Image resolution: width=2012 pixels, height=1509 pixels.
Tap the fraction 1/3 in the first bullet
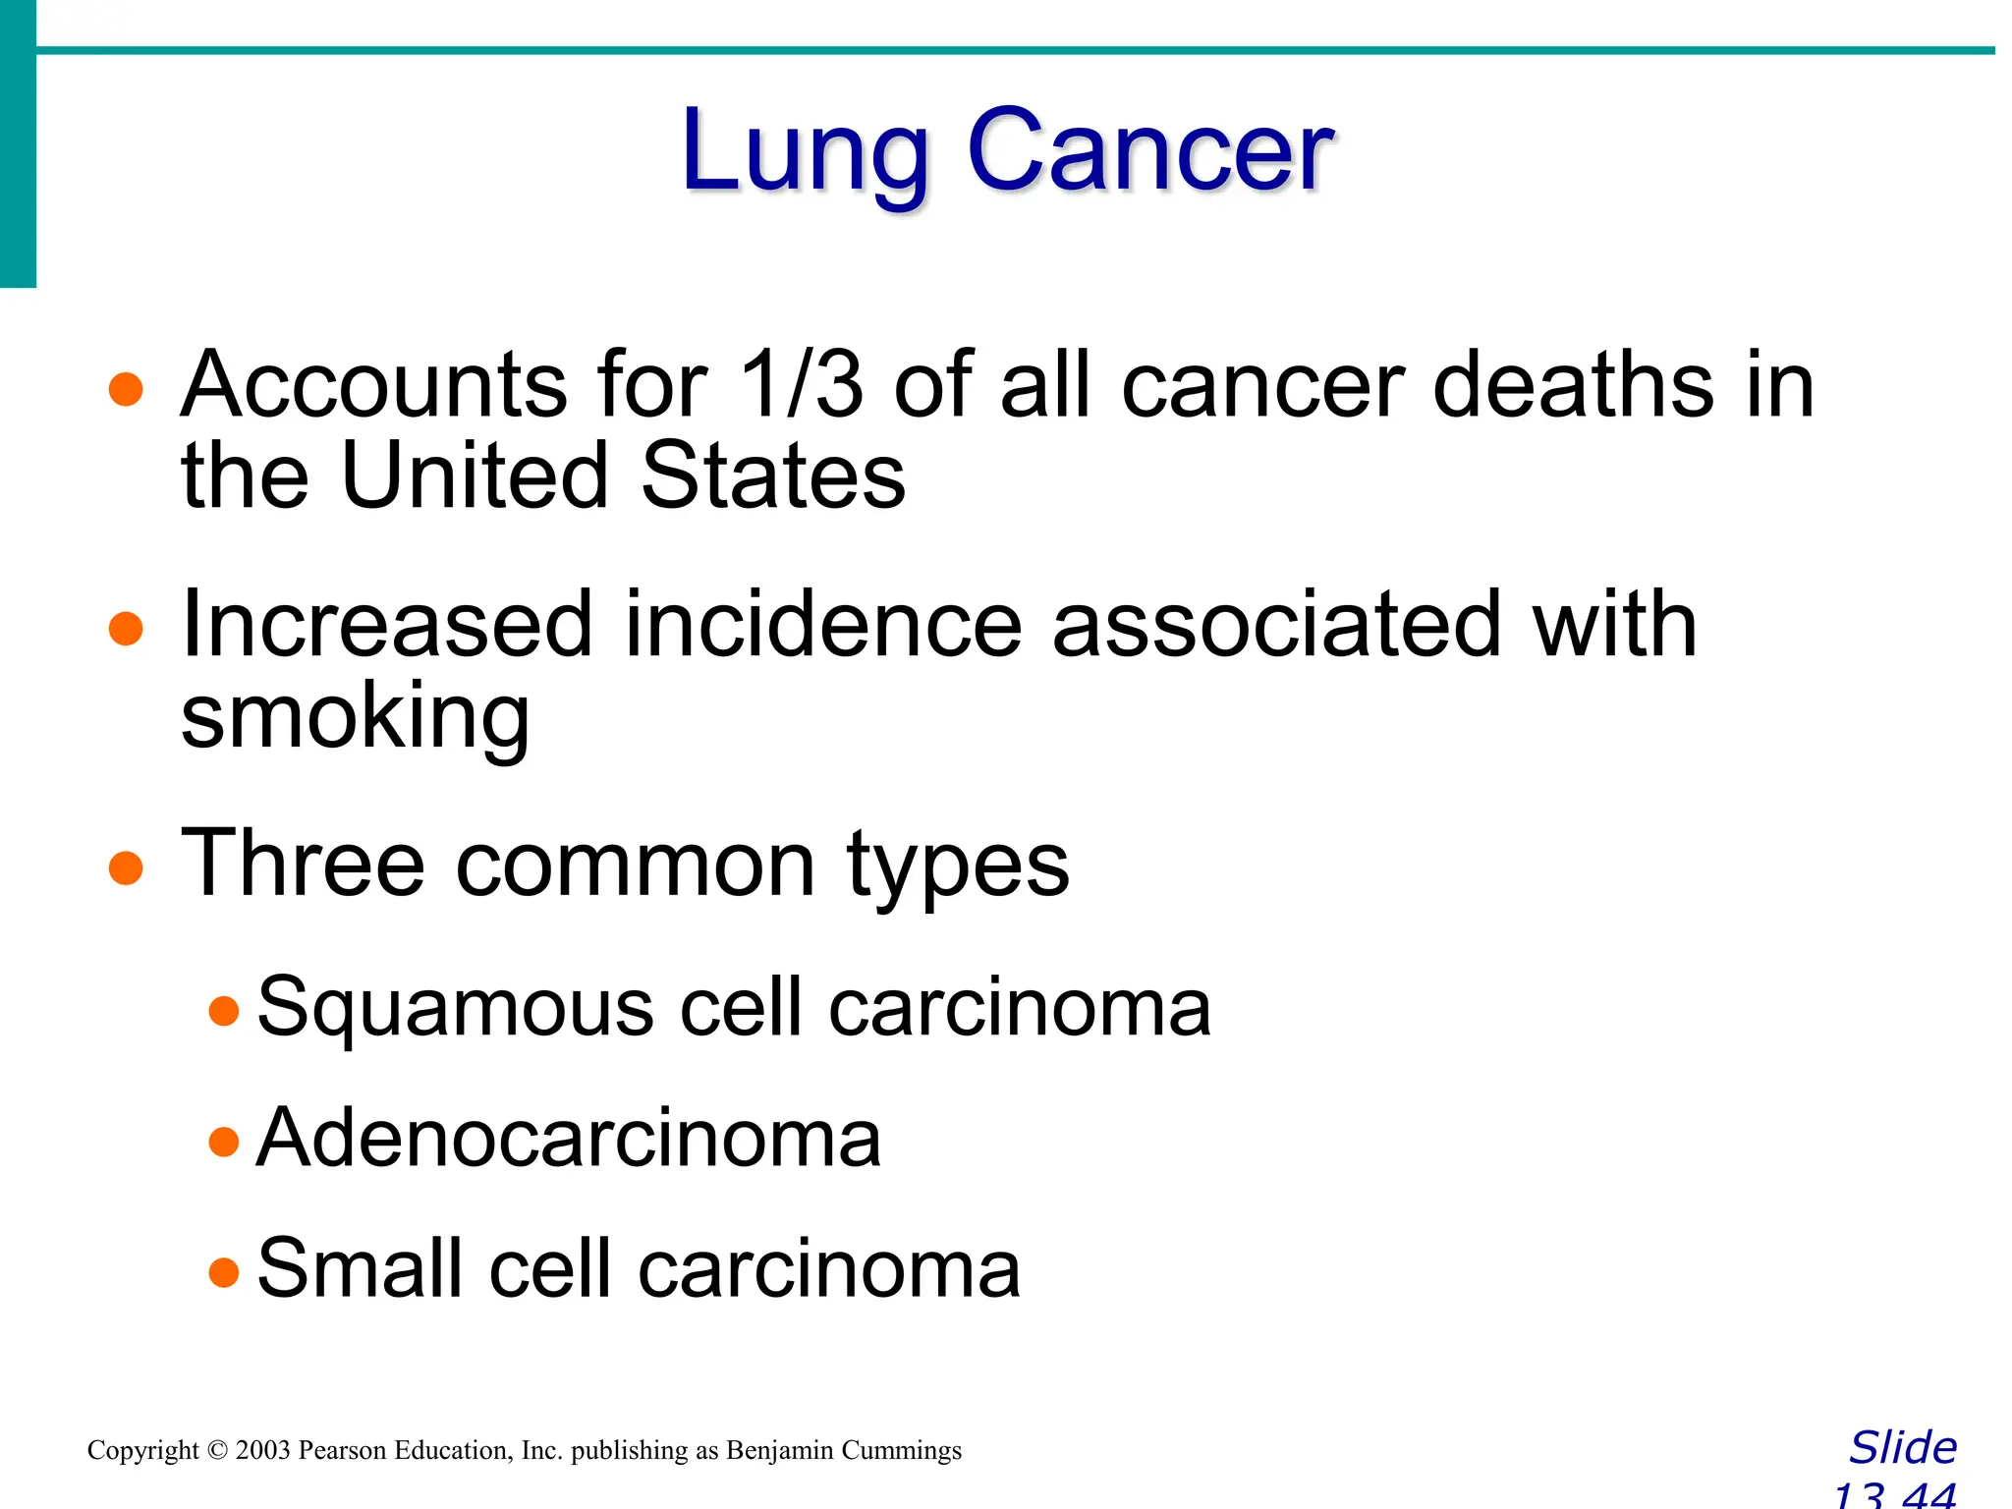pyautogui.click(x=801, y=384)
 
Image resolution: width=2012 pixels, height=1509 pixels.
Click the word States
pyautogui.click(x=773, y=476)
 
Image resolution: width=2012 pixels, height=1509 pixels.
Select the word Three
pyautogui.click(x=303, y=864)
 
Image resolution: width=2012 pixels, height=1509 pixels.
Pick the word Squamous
pyautogui.click(x=455, y=1008)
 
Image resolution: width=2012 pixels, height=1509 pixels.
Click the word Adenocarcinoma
pyautogui.click(x=569, y=1138)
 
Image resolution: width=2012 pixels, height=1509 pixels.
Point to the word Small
pyautogui.click(x=359, y=1268)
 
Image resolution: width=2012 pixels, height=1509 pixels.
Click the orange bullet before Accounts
pyautogui.click(x=126, y=389)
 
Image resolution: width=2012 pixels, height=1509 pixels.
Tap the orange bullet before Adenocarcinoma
pyautogui.click(x=224, y=1142)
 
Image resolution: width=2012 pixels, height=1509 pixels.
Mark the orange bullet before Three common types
pyautogui.click(x=126, y=868)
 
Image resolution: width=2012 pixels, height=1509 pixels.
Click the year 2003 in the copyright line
pyautogui.click(x=263, y=1450)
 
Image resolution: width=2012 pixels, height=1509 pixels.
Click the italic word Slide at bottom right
pyautogui.click(x=1903, y=1448)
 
